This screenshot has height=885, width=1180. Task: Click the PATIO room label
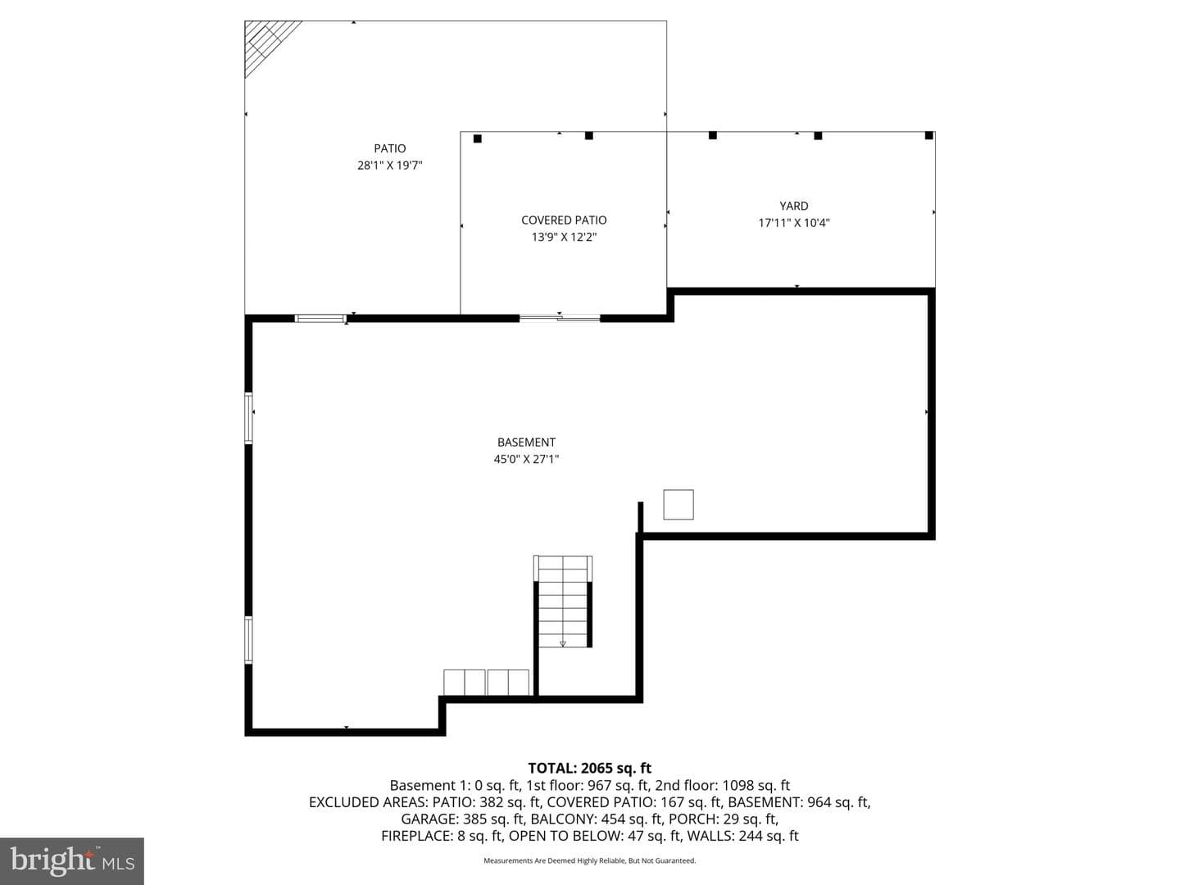[390, 148]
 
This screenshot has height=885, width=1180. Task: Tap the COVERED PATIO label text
[564, 220]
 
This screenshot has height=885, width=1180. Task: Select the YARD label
[794, 206]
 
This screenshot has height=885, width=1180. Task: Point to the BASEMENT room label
[526, 442]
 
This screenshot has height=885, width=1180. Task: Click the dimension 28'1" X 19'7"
[390, 166]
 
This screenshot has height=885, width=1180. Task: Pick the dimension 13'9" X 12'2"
[564, 237]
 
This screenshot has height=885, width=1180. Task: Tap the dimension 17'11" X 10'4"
[794, 222]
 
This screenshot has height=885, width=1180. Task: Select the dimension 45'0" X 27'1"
[526, 459]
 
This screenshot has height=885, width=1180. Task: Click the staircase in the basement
[563, 601]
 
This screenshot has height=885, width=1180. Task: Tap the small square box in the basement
[678, 505]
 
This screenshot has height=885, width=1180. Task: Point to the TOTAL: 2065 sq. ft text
[590, 768]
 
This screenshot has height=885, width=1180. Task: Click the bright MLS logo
[72, 860]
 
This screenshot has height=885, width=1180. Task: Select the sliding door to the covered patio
[560, 318]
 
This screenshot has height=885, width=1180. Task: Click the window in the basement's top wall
[321, 319]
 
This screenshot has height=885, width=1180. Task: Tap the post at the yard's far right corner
[929, 135]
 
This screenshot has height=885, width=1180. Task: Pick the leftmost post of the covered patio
[478, 138]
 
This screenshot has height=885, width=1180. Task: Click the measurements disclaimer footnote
[590, 860]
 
